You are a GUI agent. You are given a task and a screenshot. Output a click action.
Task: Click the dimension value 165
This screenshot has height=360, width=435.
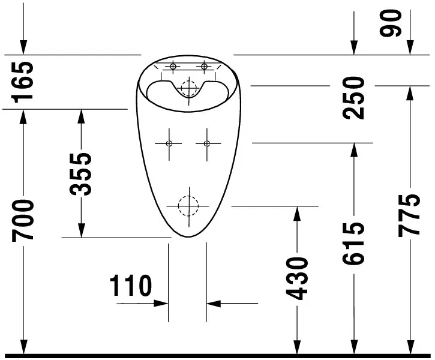point(22,82)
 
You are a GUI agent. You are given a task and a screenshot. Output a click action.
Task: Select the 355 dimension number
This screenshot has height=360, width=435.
point(80,174)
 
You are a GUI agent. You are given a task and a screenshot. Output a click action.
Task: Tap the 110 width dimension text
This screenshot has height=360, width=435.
point(131,286)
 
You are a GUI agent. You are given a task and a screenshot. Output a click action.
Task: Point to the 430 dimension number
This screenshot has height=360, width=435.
point(297,279)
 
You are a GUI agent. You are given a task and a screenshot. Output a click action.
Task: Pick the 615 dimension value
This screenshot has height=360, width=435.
point(353,243)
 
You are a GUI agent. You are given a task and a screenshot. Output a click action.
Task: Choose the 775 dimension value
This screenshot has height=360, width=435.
point(409,215)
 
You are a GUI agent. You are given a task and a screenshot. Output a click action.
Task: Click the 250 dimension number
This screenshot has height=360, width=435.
point(353,98)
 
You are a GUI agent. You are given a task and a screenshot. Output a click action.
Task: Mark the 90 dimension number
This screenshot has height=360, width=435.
point(391,23)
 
